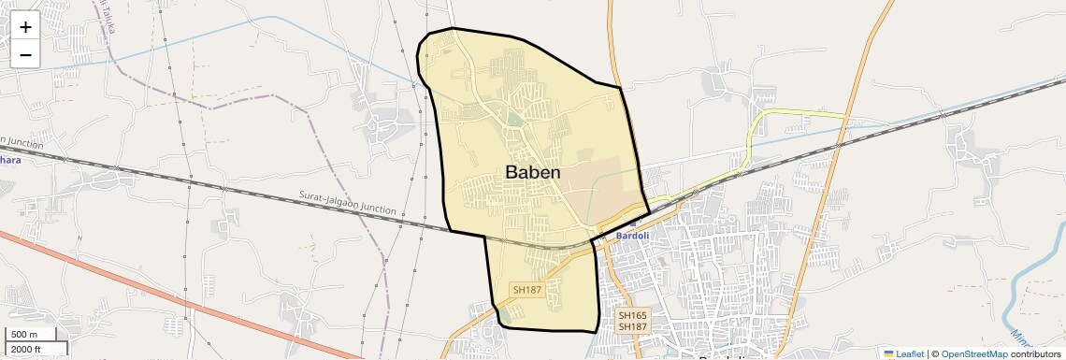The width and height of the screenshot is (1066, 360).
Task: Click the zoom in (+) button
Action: (x=25, y=27)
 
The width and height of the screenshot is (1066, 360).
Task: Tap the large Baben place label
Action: (x=533, y=172)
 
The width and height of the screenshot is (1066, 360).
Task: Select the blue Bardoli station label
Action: (x=632, y=236)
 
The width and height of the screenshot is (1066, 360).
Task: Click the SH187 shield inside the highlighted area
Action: (x=527, y=290)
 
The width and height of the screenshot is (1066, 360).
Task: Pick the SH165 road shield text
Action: (x=632, y=316)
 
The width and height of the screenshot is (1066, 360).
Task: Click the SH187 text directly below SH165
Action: (x=632, y=326)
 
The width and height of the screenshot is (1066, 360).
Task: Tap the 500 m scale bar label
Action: (x=24, y=335)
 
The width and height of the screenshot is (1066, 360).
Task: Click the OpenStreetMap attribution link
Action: (x=973, y=353)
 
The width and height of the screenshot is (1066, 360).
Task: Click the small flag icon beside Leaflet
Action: (x=889, y=353)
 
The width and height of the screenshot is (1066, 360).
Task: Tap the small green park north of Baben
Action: (x=515, y=120)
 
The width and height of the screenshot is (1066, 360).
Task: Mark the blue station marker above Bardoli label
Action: (x=632, y=224)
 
